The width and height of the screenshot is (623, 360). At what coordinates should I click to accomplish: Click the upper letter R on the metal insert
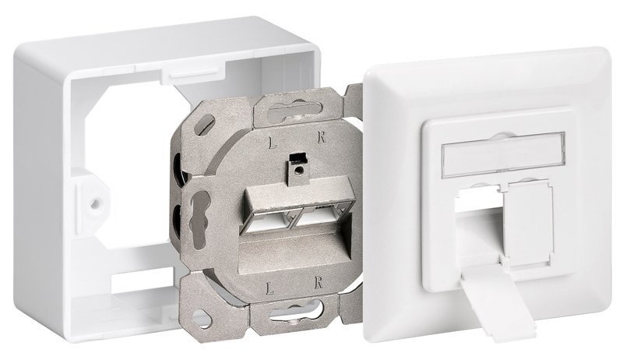pos(322,138)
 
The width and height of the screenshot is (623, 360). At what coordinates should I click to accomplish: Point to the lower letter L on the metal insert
pos(269,288)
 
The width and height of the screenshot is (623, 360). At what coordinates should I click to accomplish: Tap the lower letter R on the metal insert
pos(318,284)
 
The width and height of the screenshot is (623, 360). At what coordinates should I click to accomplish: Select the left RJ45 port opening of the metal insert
pos(269,219)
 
